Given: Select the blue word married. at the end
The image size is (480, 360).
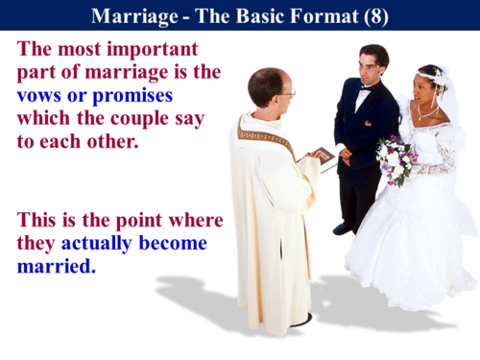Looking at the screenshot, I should click(x=57, y=265).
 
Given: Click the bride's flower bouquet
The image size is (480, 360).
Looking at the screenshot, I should click(x=396, y=158).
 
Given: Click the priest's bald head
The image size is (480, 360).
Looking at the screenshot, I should click(x=263, y=83).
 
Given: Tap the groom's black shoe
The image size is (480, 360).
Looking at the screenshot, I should click(x=343, y=228).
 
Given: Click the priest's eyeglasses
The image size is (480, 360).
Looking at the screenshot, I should click(x=286, y=93).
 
